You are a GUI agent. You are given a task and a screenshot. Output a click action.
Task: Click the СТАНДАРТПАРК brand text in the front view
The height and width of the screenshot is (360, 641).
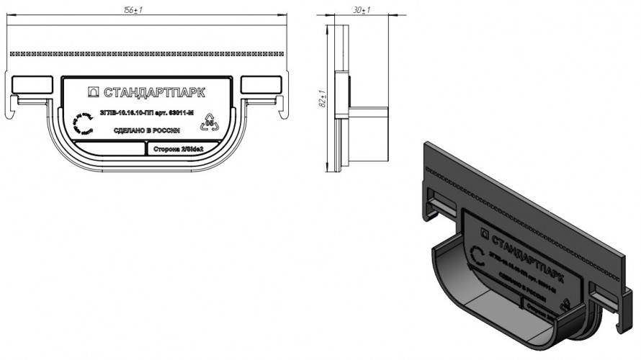[154, 92]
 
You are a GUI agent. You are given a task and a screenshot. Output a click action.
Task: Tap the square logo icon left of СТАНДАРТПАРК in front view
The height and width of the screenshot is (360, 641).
[93, 92]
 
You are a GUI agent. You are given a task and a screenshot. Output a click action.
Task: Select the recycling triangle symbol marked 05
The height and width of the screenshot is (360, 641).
[210, 121]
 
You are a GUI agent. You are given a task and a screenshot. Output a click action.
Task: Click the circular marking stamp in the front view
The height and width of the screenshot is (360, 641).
[80, 123]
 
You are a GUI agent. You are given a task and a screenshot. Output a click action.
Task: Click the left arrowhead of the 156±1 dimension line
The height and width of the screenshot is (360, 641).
[9, 24]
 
